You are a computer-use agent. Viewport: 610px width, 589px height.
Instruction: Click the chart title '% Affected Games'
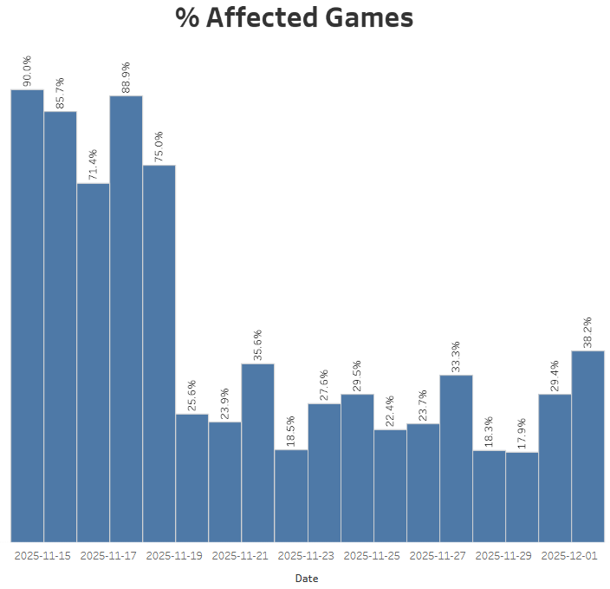295,18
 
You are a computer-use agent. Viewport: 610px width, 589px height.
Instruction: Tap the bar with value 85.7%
60,326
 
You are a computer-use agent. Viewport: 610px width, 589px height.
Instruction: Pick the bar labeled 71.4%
93,362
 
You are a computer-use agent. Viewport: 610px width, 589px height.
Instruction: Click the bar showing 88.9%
126,318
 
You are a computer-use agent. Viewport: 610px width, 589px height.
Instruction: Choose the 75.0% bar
159,353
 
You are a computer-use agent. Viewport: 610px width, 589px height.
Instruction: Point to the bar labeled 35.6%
257,452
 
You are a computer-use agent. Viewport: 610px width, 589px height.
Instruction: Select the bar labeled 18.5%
291,495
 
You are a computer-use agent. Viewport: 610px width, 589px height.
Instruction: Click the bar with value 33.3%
456,458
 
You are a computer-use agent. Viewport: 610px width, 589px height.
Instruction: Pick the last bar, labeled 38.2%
587,446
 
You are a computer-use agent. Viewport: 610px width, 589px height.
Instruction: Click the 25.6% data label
191,395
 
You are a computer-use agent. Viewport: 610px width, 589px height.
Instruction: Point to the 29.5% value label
356,375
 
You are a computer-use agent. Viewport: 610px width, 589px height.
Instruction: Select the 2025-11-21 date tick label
241,556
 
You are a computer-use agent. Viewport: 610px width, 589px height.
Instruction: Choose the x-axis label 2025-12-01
570,556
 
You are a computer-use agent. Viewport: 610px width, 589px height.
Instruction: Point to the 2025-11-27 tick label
438,556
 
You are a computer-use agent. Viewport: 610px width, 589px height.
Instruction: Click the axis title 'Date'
307,578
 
